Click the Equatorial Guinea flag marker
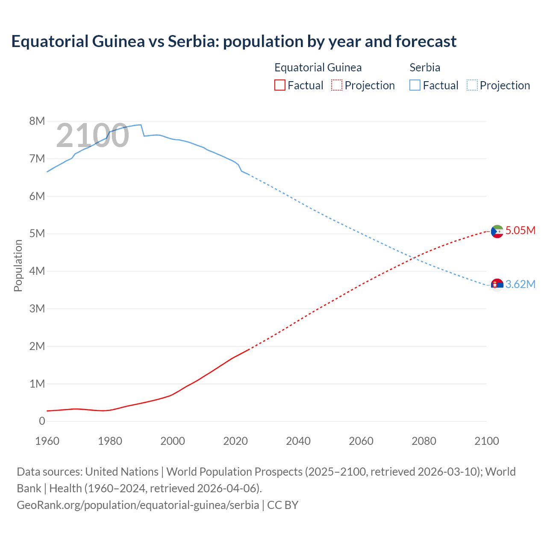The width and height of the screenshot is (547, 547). click(x=497, y=231)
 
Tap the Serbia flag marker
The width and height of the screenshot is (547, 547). click(x=497, y=284)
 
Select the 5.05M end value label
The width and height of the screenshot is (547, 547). click(x=520, y=231)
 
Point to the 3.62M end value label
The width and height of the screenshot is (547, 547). click(x=520, y=285)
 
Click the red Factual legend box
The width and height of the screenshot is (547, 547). click(x=279, y=85)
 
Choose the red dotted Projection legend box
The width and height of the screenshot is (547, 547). click(x=337, y=85)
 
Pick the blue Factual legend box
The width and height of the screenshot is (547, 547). click(x=415, y=85)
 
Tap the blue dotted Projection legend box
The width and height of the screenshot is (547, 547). click(x=472, y=85)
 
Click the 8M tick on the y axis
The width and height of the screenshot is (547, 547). click(x=37, y=121)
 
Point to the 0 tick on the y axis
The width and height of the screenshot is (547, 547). click(x=42, y=421)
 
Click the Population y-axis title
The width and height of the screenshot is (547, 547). click(x=18, y=265)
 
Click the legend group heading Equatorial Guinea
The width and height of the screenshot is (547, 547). click(x=318, y=68)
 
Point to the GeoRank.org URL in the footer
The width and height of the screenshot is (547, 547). click(x=138, y=505)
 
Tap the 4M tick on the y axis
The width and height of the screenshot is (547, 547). click(x=37, y=271)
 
